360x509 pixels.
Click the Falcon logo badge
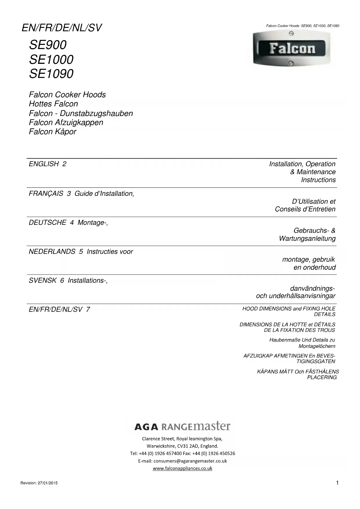[292, 49]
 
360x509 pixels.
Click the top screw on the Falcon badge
[292, 34]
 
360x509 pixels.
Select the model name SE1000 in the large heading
[51, 59]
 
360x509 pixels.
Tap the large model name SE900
[48, 45]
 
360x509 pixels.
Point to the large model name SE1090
[51, 74]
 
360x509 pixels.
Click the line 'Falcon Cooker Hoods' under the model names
[67, 95]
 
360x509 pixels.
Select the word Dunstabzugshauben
[96, 113]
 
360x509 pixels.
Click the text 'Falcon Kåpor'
[53, 132]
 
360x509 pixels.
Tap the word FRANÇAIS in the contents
[46, 194]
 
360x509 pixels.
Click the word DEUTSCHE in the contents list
[47, 223]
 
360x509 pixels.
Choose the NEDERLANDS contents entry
[52, 252]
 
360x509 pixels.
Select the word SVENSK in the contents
[42, 281]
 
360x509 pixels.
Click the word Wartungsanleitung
[307, 239]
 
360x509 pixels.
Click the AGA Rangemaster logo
[182, 427]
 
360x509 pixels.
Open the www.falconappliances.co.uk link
[182, 468]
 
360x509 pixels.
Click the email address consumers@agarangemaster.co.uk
[190, 461]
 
